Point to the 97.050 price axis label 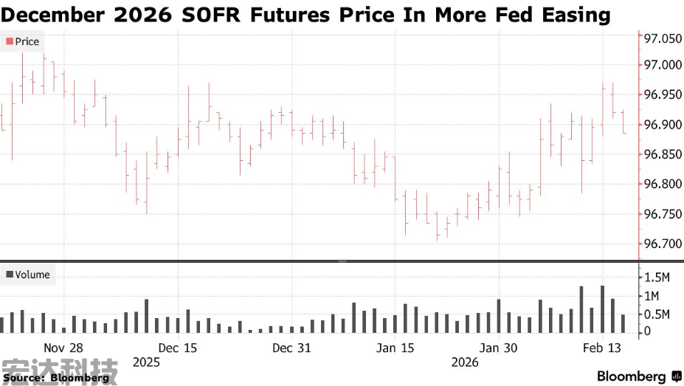[x=662, y=39]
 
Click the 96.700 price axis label [x=662, y=244]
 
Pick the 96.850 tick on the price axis [x=662, y=154]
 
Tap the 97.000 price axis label [x=662, y=65]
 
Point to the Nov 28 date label [x=63, y=348]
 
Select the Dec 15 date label [x=178, y=348]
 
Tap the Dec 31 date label [x=291, y=348]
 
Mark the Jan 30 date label [x=499, y=348]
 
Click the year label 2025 [x=146, y=362]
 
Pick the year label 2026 [x=465, y=362]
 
